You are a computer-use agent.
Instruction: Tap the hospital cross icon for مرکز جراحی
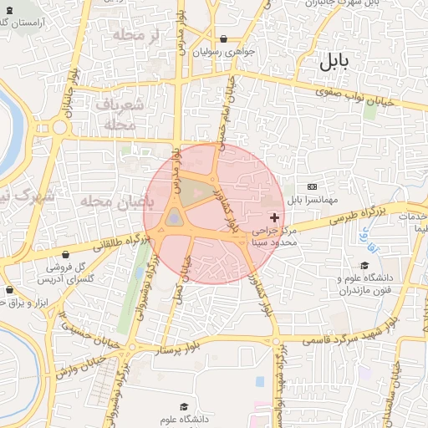coord(277,217)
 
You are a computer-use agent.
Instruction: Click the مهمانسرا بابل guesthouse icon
coord(312,186)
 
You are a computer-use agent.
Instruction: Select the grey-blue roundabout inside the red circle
coord(174,218)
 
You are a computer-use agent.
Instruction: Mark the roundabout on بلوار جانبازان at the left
coord(59,128)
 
